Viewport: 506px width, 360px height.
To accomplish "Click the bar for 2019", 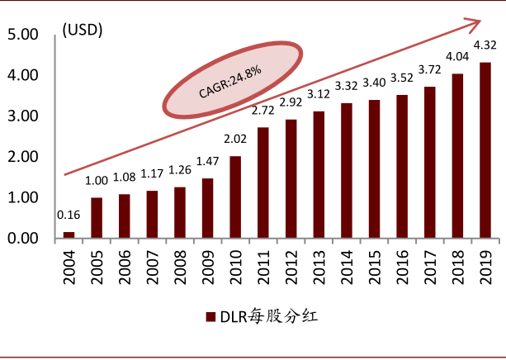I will pyautogui.click(x=485, y=150).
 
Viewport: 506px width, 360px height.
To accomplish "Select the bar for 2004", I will pyautogui.click(x=69, y=235).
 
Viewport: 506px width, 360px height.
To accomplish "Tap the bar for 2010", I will pyautogui.click(x=235, y=197).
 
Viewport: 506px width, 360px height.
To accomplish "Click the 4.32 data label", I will pyautogui.click(x=485, y=45).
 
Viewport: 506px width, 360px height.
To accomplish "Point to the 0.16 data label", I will pyautogui.click(x=69, y=216).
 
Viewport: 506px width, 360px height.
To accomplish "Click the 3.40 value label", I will pyautogui.click(x=374, y=83).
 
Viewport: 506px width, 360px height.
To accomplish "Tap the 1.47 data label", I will pyautogui.click(x=208, y=162).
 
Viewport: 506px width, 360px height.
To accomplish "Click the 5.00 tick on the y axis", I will pyautogui.click(x=22, y=36).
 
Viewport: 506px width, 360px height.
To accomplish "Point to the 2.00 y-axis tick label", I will pyautogui.click(x=22, y=158).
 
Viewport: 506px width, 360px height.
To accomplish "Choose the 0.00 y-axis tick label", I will pyautogui.click(x=22, y=239).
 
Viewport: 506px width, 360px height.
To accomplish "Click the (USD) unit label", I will pyautogui.click(x=83, y=31).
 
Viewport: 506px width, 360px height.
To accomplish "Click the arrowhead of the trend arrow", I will pyautogui.click(x=475, y=21).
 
